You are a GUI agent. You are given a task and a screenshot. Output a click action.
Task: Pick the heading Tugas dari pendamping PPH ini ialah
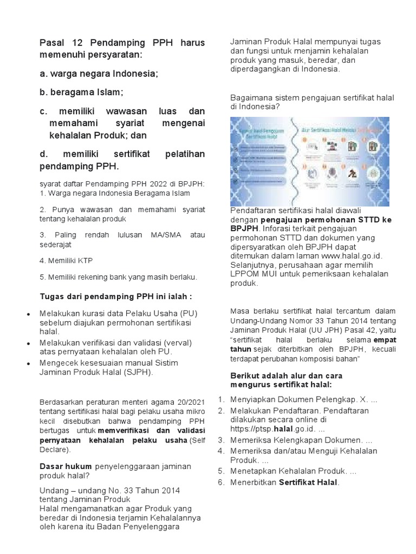point(116,296)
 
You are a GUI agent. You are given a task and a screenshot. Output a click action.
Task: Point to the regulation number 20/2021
point(191,401)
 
